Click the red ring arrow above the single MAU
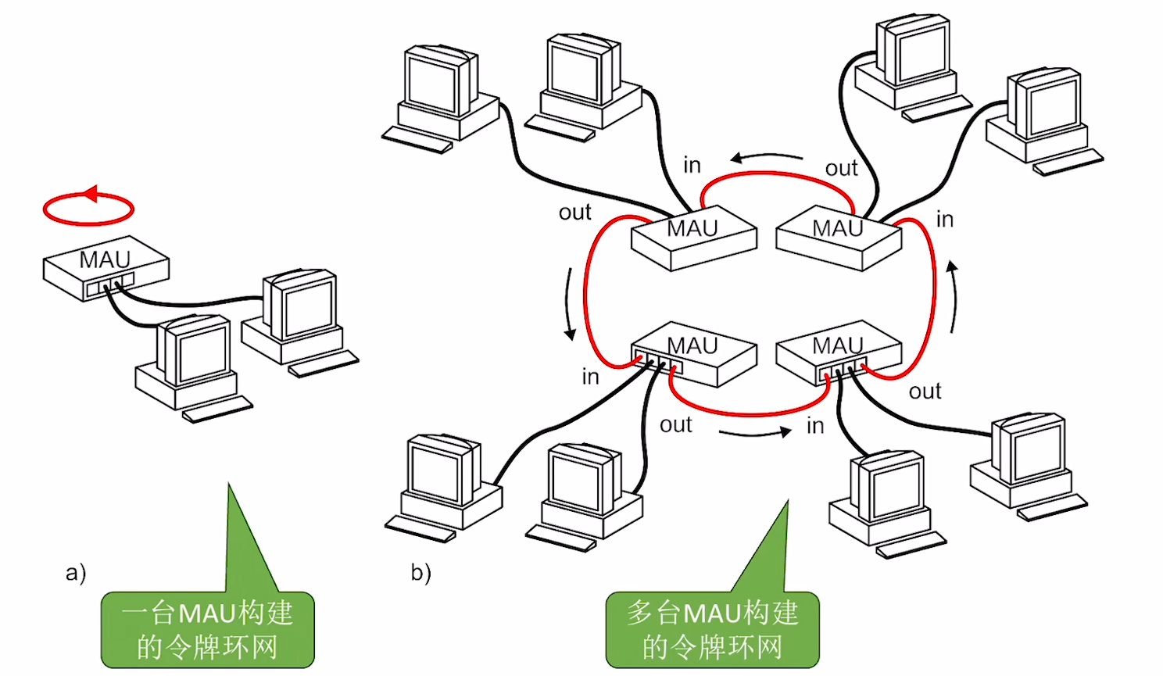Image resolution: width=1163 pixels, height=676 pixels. point(88,207)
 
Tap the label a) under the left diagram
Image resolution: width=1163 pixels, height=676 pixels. point(76,573)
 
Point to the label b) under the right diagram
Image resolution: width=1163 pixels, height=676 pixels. point(421,573)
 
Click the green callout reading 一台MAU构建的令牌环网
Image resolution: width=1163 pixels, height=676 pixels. point(207,629)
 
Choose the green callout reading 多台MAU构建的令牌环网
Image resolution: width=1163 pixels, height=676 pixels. point(712,629)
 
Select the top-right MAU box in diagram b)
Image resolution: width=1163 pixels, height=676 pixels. point(839,237)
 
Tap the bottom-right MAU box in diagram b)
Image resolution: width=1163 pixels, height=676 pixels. point(839,353)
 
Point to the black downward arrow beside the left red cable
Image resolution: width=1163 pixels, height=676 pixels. point(569,305)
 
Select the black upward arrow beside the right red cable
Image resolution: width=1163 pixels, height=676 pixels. point(952,297)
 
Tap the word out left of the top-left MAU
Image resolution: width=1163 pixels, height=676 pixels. point(574,213)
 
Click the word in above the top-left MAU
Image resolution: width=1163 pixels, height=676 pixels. point(692,166)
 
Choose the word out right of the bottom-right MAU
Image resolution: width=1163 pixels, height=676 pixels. point(925,392)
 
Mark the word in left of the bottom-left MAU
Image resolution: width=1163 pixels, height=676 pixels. point(590,377)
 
